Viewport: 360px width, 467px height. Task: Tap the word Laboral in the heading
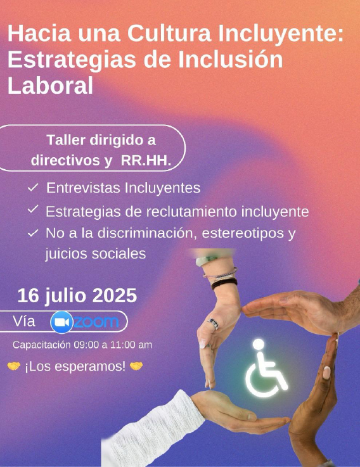50,86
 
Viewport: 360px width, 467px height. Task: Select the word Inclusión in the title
230,60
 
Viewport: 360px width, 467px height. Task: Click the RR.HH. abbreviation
146,160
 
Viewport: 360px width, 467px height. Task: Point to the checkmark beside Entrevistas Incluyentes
33,188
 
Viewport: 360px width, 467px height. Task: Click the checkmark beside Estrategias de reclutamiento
33,209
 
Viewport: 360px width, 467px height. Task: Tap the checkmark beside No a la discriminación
33,233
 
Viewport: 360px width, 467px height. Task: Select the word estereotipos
243,233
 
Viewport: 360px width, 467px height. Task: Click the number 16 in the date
28,296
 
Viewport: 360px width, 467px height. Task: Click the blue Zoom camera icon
61,323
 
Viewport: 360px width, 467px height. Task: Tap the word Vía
24,321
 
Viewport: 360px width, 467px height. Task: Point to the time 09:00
86,345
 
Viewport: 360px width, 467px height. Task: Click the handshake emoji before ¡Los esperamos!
14,366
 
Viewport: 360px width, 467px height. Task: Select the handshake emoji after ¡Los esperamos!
136,366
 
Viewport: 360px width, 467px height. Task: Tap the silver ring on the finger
214,324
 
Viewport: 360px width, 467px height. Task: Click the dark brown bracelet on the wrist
224,283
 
